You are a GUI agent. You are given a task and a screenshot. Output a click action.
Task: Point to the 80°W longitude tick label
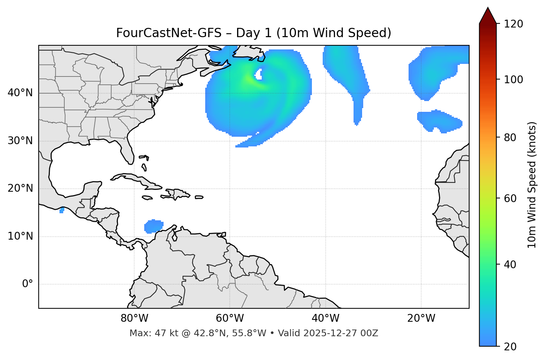pyautogui.click(x=134, y=318)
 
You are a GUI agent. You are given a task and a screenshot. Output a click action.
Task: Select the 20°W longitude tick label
pyautogui.click(x=421, y=318)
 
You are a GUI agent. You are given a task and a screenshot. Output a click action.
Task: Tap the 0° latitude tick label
pyautogui.click(x=28, y=284)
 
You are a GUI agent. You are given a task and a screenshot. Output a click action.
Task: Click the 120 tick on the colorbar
pyautogui.click(x=513, y=24)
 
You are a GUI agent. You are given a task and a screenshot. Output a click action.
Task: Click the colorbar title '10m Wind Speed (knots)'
pyautogui.click(x=532, y=185)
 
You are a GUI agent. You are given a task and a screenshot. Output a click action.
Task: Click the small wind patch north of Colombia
pyautogui.click(x=154, y=226)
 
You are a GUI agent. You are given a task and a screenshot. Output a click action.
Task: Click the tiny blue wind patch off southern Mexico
pyautogui.click(x=62, y=211)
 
